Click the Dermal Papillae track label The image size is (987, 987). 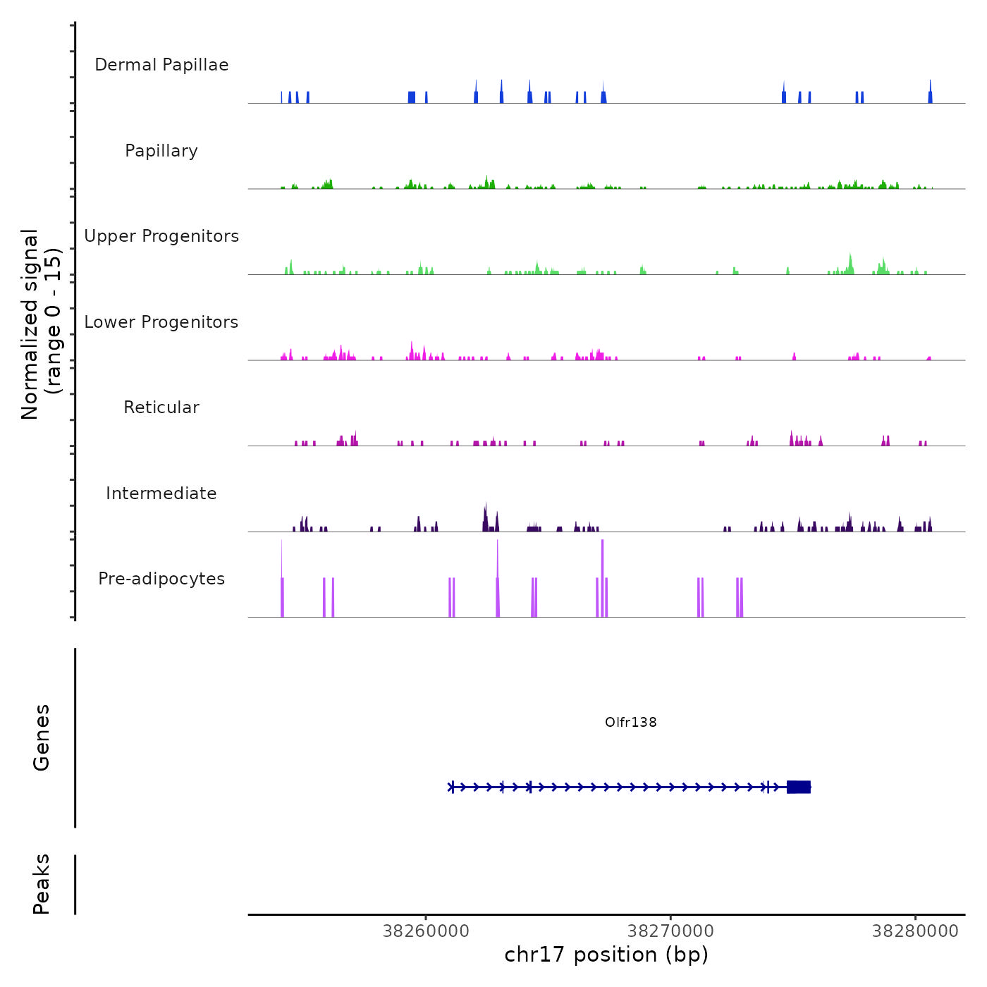tap(161, 65)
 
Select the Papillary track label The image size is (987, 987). tap(161, 151)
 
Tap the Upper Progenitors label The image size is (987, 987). tap(161, 236)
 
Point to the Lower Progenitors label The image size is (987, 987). tap(161, 322)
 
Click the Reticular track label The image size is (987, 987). tap(161, 407)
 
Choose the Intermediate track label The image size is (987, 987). tap(161, 493)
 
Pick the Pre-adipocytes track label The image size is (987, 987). tap(161, 579)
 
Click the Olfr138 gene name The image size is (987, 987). tap(631, 722)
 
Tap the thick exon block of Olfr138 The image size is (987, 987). tap(799, 787)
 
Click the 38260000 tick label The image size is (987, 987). tap(426, 931)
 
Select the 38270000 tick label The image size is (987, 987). tap(670, 931)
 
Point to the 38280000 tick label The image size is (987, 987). tap(915, 931)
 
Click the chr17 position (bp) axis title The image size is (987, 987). tap(606, 955)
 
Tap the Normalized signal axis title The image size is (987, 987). tap(41, 324)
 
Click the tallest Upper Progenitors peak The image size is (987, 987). tap(850, 262)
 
